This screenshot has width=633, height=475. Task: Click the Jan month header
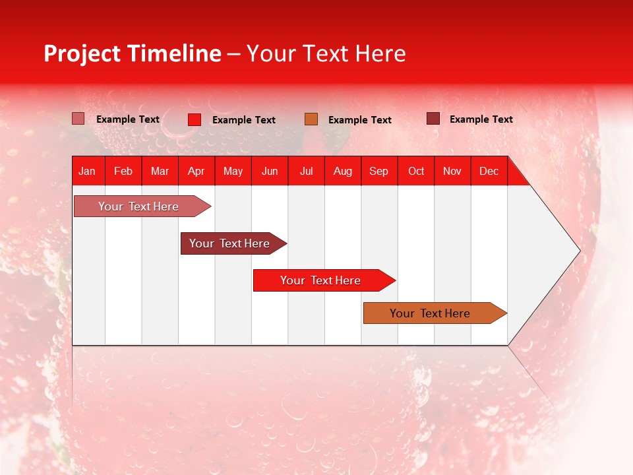(87, 171)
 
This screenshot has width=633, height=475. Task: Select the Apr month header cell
(196, 171)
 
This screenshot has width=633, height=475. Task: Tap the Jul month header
(306, 171)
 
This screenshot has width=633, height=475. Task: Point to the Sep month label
(378, 171)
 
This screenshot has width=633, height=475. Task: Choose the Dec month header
(489, 171)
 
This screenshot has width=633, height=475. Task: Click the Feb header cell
(123, 171)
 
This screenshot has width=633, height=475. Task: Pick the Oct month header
(416, 171)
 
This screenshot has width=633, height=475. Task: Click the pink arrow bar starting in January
(138, 206)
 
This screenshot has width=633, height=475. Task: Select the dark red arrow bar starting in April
(229, 243)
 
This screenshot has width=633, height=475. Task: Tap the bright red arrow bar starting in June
(320, 280)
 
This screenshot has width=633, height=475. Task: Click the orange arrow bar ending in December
(430, 313)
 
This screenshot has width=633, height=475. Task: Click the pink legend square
(78, 119)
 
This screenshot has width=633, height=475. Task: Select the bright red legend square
(194, 119)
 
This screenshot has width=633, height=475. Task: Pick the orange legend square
(311, 119)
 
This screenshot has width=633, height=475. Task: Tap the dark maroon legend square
(433, 119)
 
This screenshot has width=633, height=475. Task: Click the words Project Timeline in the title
(132, 53)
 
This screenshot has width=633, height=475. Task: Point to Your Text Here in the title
(326, 53)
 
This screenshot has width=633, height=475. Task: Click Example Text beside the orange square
(359, 120)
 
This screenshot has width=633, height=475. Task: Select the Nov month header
(452, 171)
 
